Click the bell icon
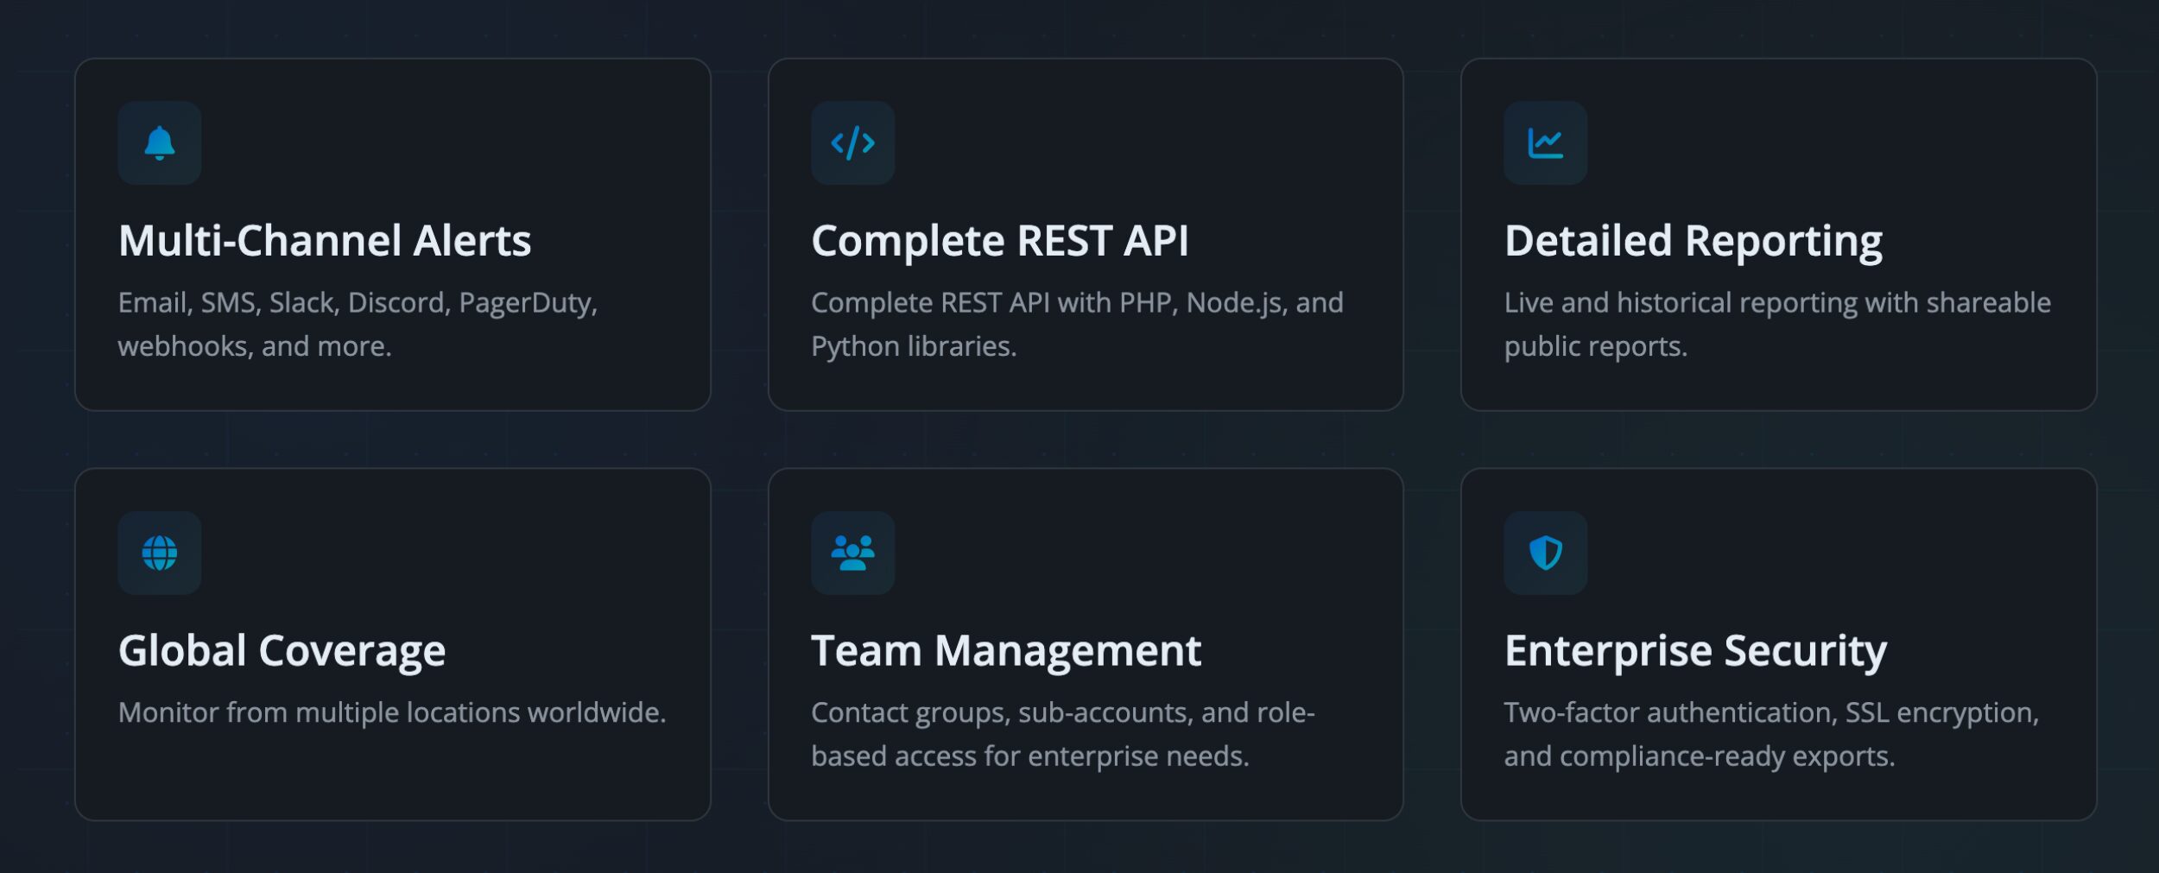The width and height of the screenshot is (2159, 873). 160,142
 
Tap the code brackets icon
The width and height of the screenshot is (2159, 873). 852,142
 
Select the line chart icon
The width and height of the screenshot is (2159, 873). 1545,143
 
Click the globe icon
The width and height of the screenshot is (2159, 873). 160,553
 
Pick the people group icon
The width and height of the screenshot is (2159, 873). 852,553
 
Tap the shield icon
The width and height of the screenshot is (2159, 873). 1545,553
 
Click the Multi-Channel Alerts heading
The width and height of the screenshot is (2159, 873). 325,240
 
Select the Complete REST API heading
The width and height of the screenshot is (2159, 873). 1000,240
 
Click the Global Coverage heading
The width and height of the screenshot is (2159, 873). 282,651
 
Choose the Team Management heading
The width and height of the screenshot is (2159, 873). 1006,651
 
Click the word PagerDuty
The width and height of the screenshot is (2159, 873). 528,303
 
